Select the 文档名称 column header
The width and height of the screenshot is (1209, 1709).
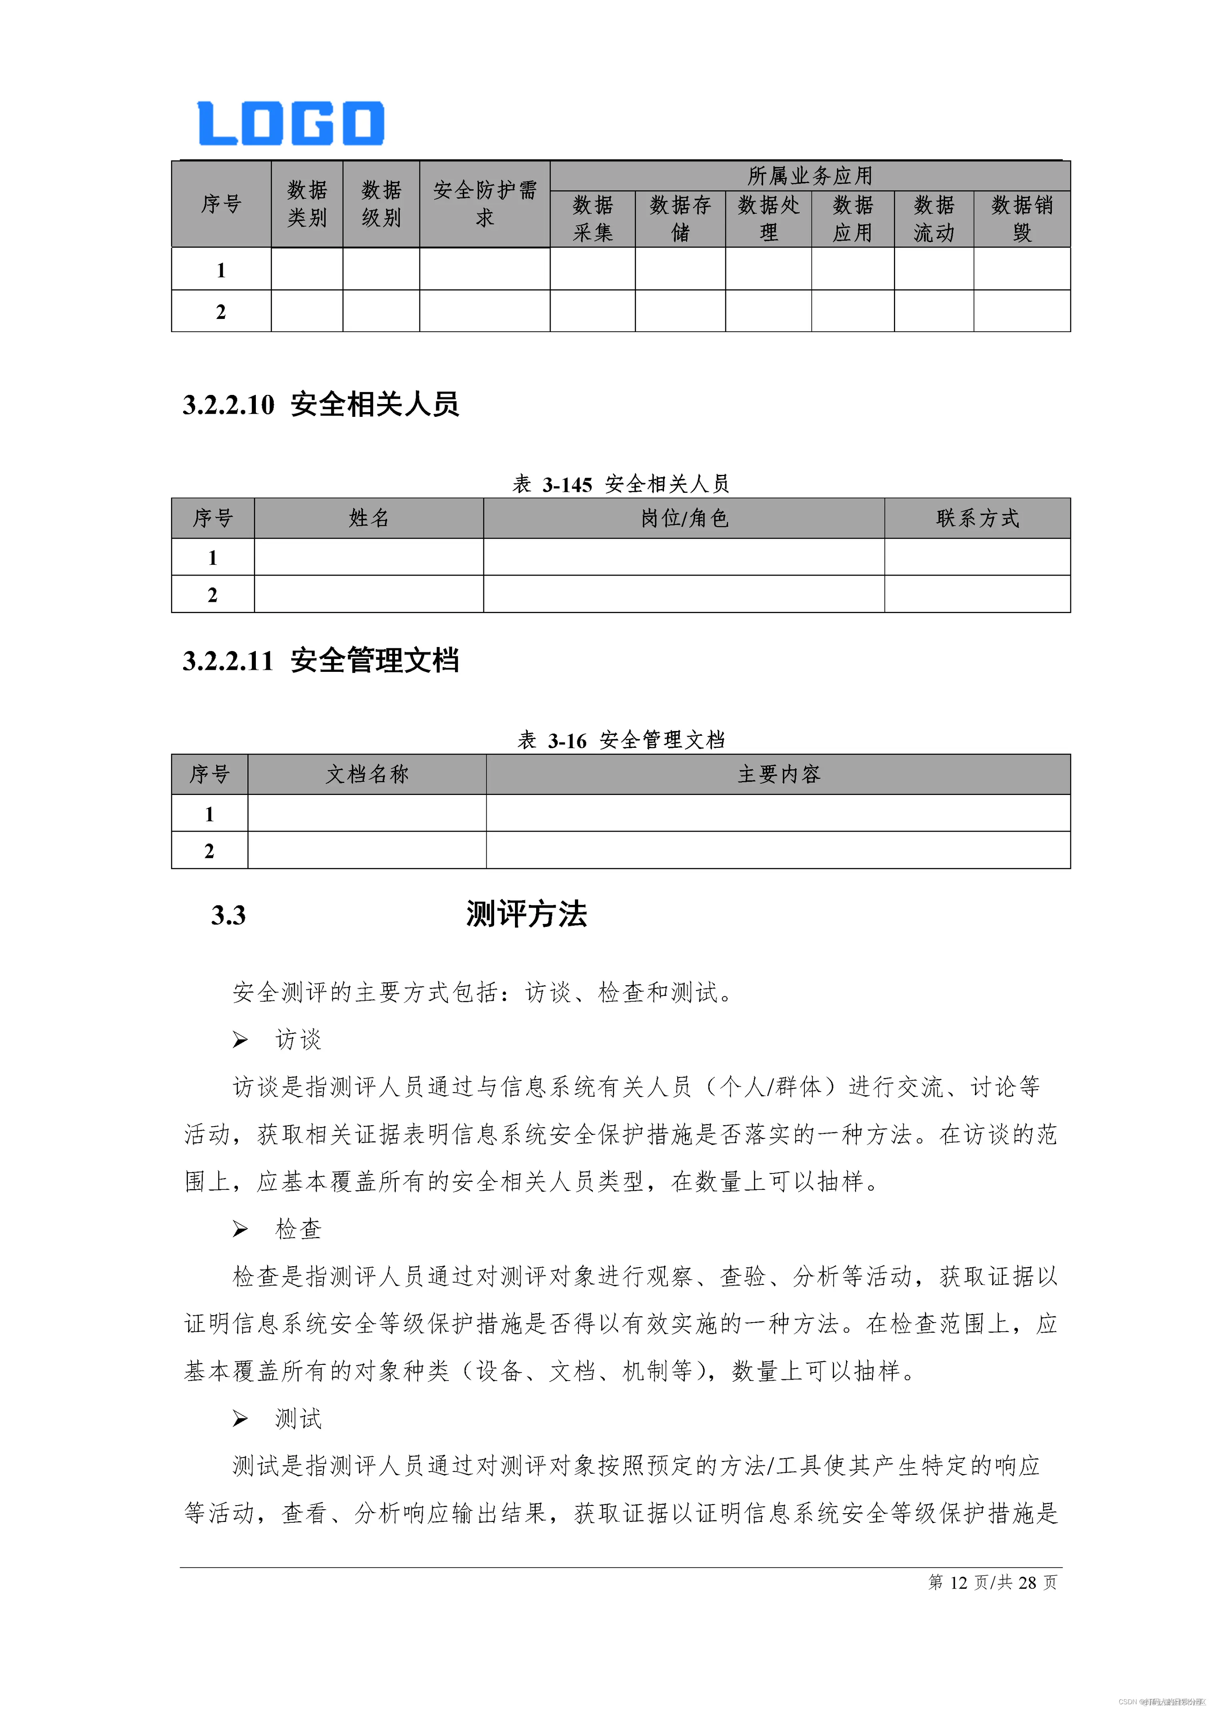(367, 774)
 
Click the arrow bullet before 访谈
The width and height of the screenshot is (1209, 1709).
(240, 1040)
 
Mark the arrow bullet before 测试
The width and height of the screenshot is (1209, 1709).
(240, 1419)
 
